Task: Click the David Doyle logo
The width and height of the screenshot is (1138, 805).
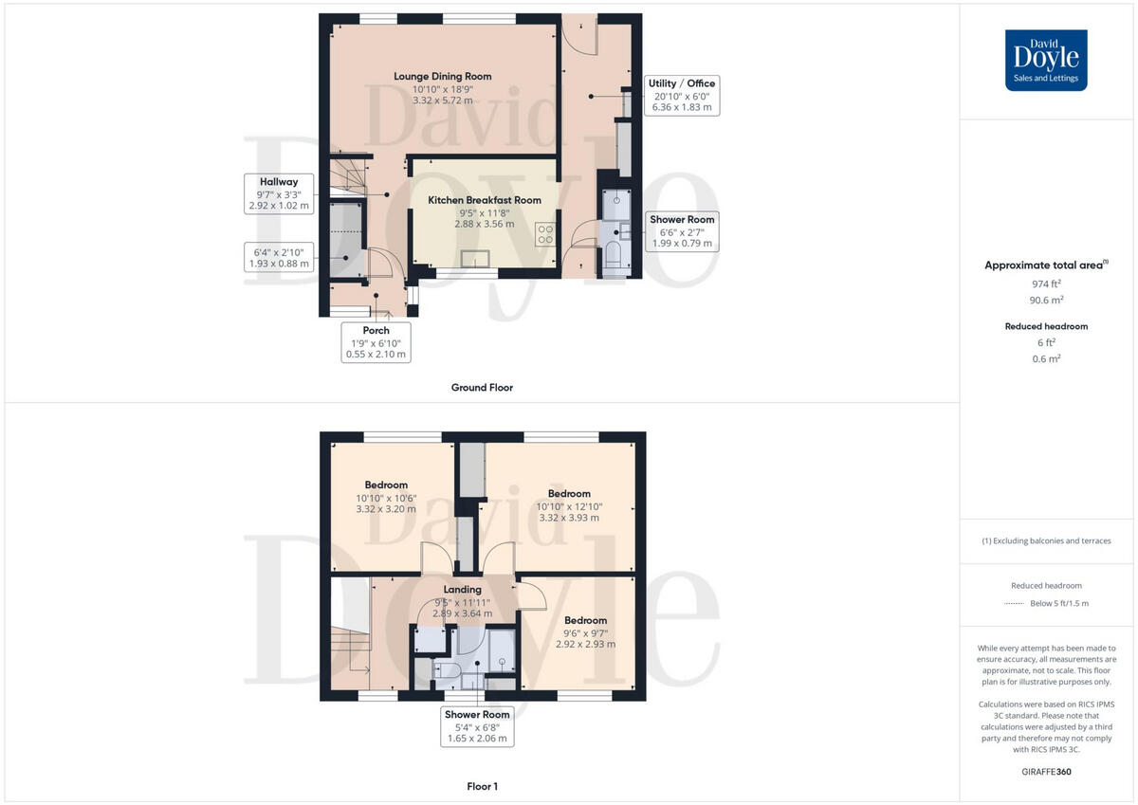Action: (x=1046, y=60)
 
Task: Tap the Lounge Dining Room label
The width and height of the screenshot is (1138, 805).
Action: (x=443, y=76)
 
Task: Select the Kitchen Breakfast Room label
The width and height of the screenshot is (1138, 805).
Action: (x=484, y=200)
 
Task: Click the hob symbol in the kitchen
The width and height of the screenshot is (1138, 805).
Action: (x=545, y=233)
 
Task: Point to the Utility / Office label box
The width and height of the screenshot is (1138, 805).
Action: (x=681, y=95)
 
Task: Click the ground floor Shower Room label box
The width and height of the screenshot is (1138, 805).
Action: (x=682, y=231)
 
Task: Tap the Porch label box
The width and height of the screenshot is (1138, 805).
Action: (x=375, y=342)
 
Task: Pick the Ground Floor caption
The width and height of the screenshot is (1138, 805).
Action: (x=482, y=387)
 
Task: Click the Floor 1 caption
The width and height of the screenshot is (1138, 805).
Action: (x=482, y=786)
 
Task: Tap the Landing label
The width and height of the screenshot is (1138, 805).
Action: (x=463, y=589)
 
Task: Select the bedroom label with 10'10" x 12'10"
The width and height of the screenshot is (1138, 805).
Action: (x=569, y=493)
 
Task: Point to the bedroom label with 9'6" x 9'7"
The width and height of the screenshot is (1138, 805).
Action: (x=585, y=620)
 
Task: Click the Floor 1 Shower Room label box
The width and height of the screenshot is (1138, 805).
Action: (x=477, y=726)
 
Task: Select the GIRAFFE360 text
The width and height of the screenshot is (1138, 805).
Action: (x=1046, y=772)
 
